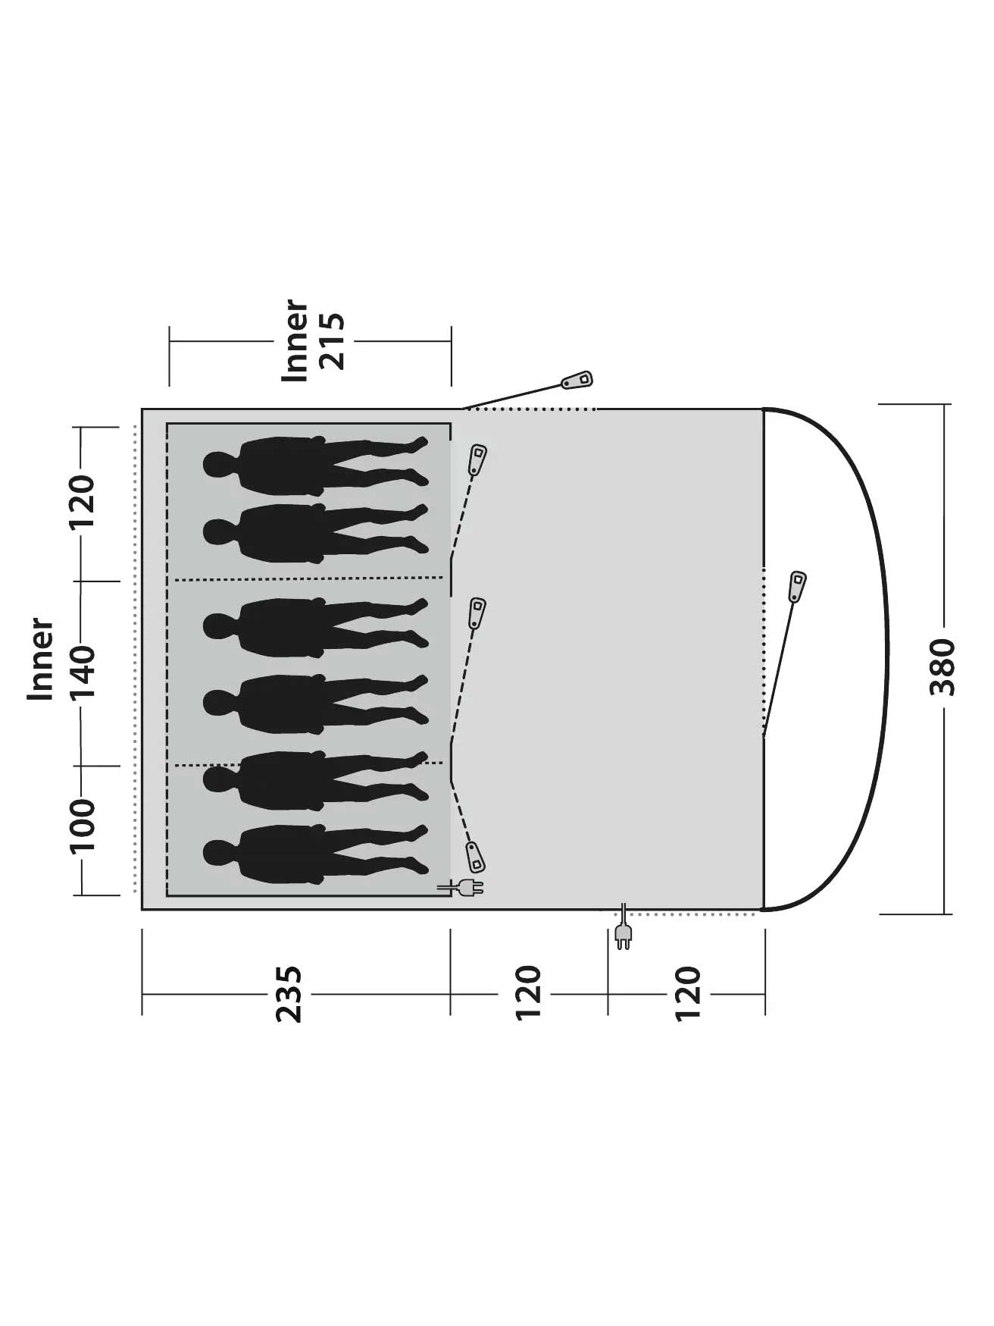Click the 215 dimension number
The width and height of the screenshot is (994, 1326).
[333, 341]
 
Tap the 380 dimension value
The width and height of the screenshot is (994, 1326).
[944, 668]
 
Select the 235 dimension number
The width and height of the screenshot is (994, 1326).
[289, 994]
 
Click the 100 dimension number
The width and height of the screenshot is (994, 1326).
[83, 824]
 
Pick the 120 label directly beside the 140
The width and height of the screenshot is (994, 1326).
[83, 503]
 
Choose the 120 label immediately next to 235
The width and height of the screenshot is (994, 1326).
[529, 994]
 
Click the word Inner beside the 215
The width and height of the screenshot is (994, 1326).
[295, 341]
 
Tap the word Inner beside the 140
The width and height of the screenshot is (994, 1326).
[41, 660]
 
